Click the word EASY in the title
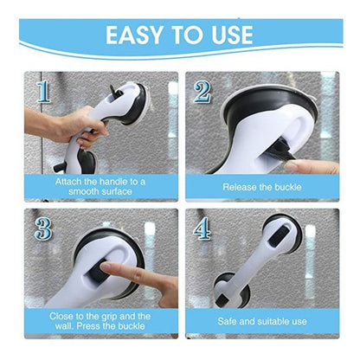(135, 35)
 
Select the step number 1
(43, 92)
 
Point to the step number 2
(202, 92)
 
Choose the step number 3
(43, 228)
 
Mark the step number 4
(202, 228)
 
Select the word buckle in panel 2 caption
(287, 187)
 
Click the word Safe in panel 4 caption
(227, 321)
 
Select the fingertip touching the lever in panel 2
(292, 165)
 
